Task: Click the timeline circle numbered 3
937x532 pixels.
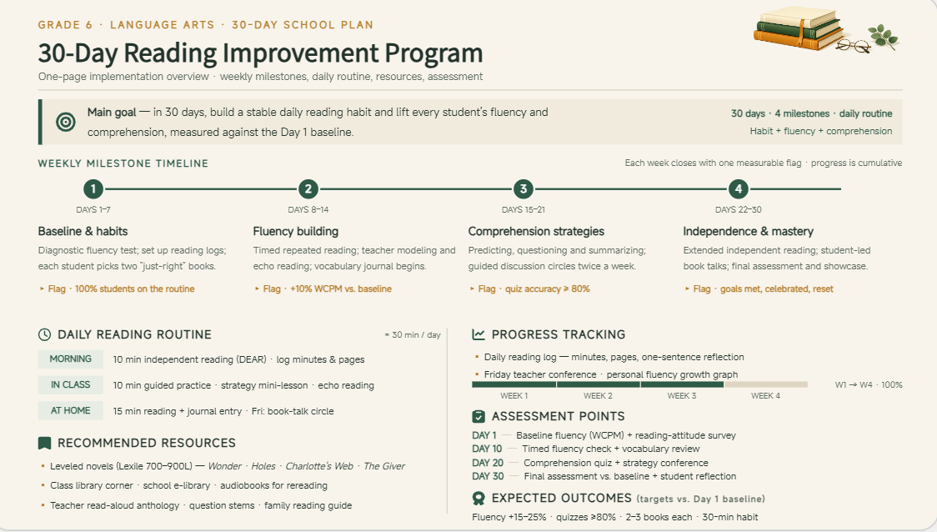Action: (x=523, y=189)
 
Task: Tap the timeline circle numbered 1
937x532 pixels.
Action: (x=93, y=189)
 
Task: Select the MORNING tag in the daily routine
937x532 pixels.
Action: (x=71, y=359)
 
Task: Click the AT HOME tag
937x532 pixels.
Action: (x=71, y=410)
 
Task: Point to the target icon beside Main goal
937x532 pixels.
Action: (x=66, y=122)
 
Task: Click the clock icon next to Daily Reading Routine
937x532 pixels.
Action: (x=44, y=334)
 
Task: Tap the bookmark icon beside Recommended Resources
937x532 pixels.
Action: (x=44, y=443)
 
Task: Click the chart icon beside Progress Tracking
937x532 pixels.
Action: (x=478, y=334)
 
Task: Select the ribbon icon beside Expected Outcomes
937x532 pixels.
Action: (x=478, y=498)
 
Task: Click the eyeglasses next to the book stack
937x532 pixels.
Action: (x=853, y=45)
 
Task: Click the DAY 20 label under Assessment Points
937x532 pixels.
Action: (x=488, y=463)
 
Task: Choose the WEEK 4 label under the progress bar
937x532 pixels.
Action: (x=765, y=396)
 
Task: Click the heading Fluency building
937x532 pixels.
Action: (x=296, y=231)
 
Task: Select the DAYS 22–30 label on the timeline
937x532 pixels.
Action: (x=739, y=210)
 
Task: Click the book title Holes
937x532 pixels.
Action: (x=263, y=466)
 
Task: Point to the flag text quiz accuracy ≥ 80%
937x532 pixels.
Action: (x=548, y=289)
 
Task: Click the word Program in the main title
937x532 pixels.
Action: (x=433, y=53)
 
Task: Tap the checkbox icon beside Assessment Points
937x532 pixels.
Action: (x=478, y=416)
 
